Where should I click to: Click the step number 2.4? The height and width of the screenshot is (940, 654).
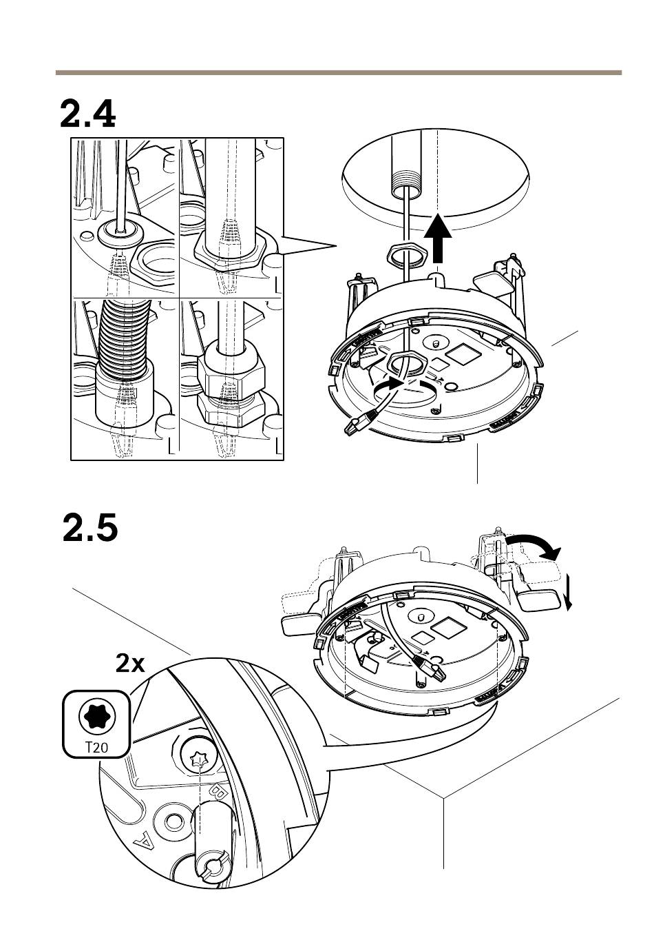point(87,114)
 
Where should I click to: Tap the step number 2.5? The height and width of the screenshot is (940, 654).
point(90,529)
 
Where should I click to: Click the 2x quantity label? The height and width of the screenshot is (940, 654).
point(131,664)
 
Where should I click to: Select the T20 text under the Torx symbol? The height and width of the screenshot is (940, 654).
point(96,746)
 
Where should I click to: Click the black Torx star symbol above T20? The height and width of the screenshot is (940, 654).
point(96,716)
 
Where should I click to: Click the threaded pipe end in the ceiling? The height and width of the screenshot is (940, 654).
point(402,185)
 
